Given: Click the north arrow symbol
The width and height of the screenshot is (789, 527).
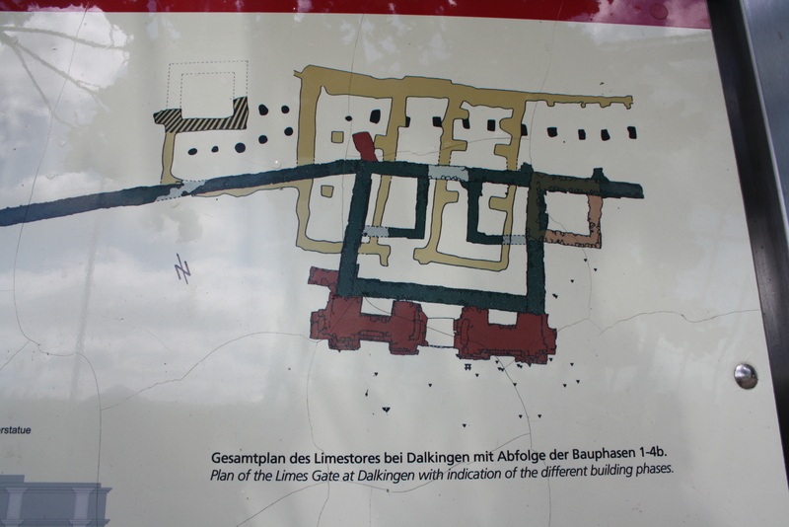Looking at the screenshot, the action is (x=183, y=267).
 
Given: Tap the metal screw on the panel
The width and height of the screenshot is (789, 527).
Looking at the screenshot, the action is (x=746, y=375).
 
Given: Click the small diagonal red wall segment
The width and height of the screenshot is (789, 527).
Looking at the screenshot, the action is (x=364, y=146).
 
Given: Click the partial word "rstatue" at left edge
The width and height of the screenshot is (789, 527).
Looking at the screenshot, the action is (x=16, y=430).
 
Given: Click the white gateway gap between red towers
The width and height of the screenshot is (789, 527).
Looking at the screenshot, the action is (x=440, y=333).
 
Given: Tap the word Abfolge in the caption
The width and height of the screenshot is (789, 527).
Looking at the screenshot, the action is (x=517, y=457).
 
